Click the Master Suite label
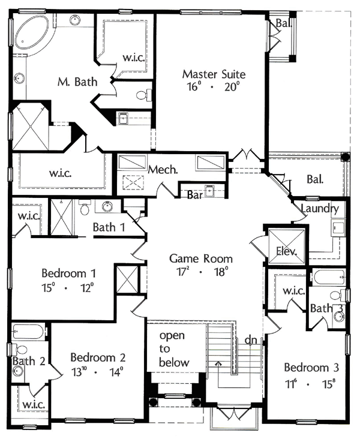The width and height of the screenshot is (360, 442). [x=214, y=74]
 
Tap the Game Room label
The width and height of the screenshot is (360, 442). [x=201, y=258]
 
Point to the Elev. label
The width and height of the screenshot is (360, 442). [x=287, y=251]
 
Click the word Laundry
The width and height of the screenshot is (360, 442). [x=320, y=209]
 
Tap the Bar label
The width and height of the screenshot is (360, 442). [x=195, y=195]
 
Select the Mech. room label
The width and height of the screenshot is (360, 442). [x=163, y=169]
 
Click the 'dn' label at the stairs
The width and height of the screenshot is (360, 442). [x=251, y=340]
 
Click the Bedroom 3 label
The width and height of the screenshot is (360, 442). [x=311, y=368]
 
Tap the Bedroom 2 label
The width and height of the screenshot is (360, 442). [x=98, y=357]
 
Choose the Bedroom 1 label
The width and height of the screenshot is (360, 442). [x=69, y=273]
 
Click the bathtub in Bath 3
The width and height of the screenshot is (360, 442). [x=329, y=278]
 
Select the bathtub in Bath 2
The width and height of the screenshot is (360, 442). [x=28, y=331]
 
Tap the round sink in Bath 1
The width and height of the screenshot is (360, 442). [x=107, y=207]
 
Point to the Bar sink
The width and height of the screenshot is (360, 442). [x=209, y=191]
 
